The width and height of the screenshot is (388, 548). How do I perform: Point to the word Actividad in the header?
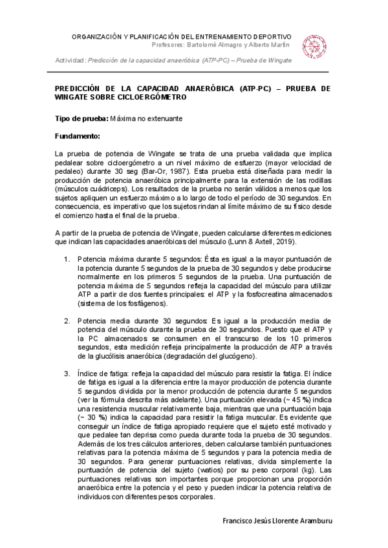(70, 60)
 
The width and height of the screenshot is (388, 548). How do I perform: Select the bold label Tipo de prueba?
(81, 120)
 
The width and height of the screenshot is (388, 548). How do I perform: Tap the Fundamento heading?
(78, 136)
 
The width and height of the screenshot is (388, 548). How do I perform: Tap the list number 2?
(67, 321)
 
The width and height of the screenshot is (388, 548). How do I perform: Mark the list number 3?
(67, 374)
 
